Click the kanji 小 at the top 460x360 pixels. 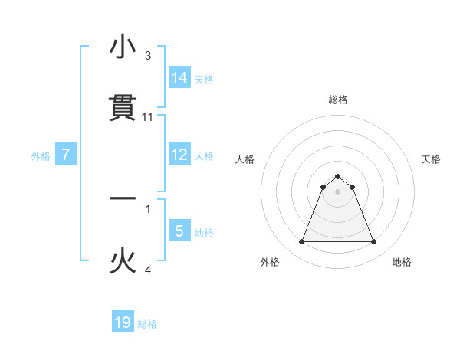(123, 47)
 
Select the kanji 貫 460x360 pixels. (123, 108)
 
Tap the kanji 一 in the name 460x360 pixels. (123, 198)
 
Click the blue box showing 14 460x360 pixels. (179, 77)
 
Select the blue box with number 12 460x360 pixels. (179, 155)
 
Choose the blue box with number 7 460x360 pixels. (66, 155)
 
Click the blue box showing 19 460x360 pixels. (123, 322)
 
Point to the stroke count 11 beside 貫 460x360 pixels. (148, 117)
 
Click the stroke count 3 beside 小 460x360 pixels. (148, 57)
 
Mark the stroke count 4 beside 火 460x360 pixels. (148, 270)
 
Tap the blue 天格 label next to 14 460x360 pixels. (204, 79)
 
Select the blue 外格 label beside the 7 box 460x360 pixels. (41, 155)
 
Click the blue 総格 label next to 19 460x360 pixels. (147, 324)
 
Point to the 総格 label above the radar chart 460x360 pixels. (338, 100)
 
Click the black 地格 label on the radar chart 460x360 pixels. (402, 262)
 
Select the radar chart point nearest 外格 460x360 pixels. (301, 242)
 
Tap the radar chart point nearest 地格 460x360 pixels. (374, 242)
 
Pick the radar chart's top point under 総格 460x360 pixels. (338, 176)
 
